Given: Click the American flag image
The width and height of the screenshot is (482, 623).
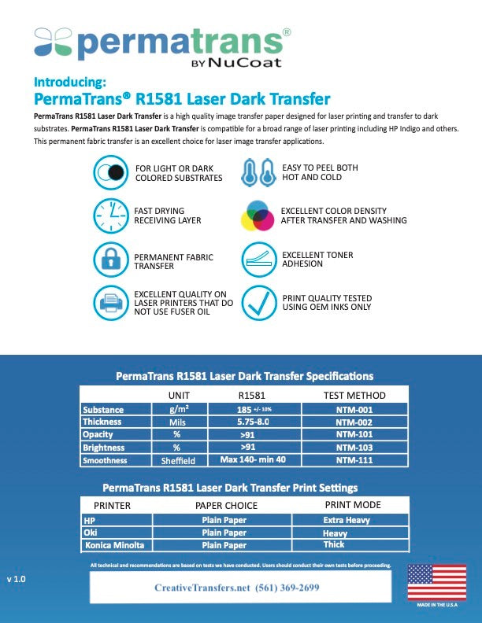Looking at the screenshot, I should point(436,582).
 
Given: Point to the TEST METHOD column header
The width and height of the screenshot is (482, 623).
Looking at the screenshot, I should point(354,396).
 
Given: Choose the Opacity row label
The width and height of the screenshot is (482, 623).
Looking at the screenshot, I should point(98,435).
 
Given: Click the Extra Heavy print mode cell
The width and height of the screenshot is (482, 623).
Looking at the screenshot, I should point(347,520).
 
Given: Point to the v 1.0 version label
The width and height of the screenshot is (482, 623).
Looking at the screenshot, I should point(17,579).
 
